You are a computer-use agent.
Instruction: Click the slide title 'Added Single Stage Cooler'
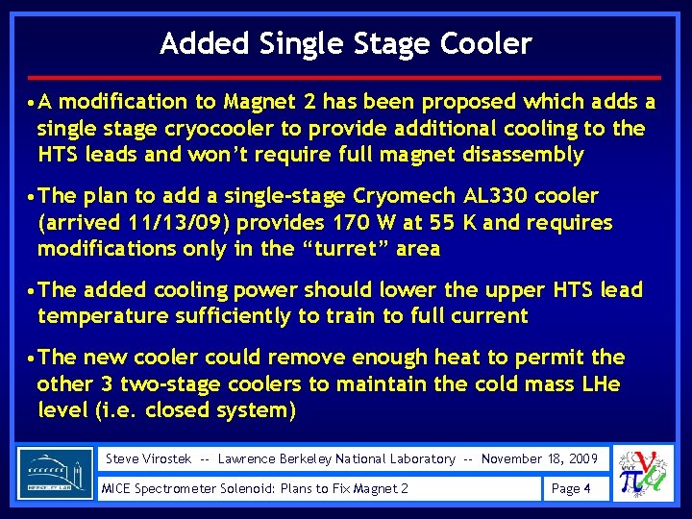346,43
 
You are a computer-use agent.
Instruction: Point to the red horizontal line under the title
346,77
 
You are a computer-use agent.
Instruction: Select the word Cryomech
405,197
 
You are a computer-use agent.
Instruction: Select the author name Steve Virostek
148,459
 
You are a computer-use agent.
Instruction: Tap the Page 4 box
574,489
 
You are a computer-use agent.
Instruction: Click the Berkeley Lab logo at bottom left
56,473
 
